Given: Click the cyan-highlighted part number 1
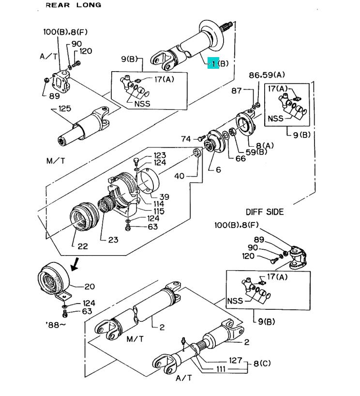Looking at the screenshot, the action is coord(213,63).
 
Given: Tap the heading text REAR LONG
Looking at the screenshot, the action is coord(74,5).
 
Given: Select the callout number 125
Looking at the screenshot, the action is coord(65,108).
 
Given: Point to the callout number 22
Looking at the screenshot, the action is coord(83,246).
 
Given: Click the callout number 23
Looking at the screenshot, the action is coord(113,240).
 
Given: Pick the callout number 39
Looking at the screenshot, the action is coord(164,197).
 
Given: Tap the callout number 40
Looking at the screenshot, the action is coord(180,176).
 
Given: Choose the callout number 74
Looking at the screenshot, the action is coord(186,139).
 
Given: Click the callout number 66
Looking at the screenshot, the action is coord(240,158).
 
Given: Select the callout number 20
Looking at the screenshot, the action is coord(90,287).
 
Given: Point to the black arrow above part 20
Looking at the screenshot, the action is coord(75,265).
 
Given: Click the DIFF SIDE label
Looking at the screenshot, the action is coord(265,212).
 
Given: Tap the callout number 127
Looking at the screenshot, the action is coord(236,360).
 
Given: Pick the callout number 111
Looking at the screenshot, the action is coord(221,369).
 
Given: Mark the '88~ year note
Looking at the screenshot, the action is coord(56,324).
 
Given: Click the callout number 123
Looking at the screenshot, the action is coord(160,155).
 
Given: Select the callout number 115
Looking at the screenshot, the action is coord(159,211).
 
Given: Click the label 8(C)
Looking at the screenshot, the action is coord(262,364).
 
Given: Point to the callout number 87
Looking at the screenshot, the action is coord(237,91).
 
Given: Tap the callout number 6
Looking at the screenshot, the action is coord(218,169).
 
